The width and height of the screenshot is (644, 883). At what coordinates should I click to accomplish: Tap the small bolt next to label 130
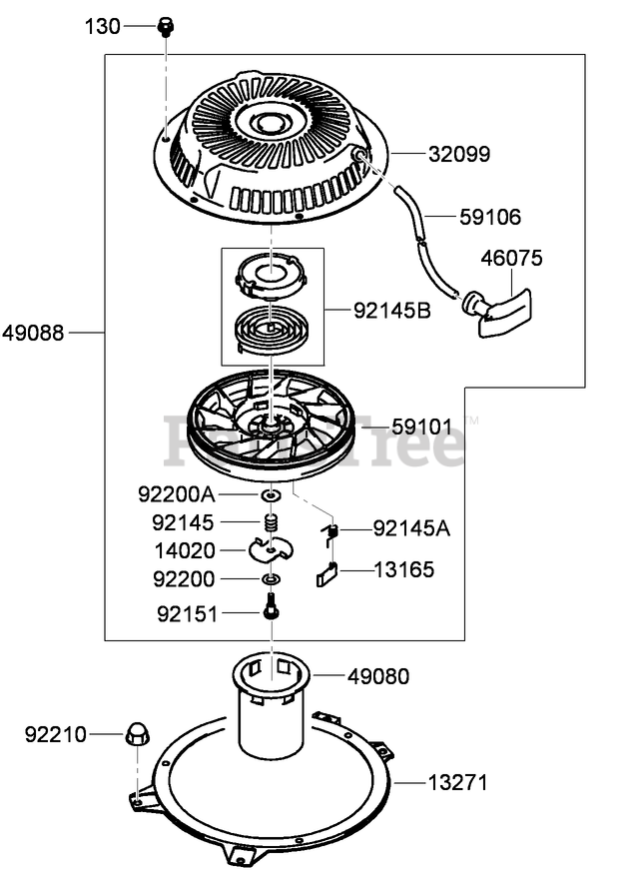tap(166, 27)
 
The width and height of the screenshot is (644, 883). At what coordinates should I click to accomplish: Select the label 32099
tap(459, 154)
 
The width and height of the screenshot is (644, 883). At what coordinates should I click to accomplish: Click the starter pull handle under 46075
tap(498, 305)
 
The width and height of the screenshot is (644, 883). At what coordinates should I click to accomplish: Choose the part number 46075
tap(510, 259)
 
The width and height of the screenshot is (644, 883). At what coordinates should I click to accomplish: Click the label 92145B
tap(391, 310)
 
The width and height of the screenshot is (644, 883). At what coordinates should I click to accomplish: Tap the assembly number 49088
tap(33, 333)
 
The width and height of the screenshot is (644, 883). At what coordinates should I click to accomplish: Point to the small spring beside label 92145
tap(269, 521)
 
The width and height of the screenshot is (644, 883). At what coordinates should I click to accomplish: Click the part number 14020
tap(184, 549)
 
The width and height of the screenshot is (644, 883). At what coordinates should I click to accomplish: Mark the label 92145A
tap(411, 527)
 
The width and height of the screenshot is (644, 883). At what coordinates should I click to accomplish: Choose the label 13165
tap(403, 570)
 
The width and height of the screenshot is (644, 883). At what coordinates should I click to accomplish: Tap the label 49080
tap(378, 676)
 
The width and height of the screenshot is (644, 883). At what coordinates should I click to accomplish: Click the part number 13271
tap(458, 782)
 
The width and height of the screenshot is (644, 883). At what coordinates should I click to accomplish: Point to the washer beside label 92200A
tap(270, 494)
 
